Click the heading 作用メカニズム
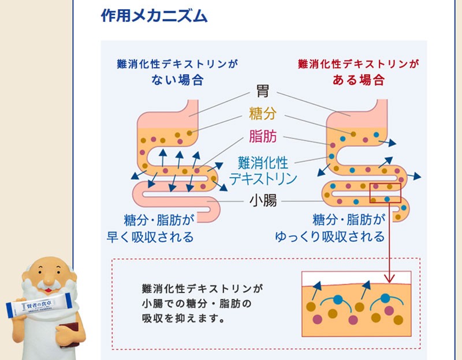154,16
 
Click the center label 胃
263,91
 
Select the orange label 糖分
263,112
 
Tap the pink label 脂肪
263,136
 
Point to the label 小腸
263,201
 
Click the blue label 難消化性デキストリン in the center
263,170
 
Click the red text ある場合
358,80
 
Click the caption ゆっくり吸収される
346,237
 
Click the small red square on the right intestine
385,192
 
